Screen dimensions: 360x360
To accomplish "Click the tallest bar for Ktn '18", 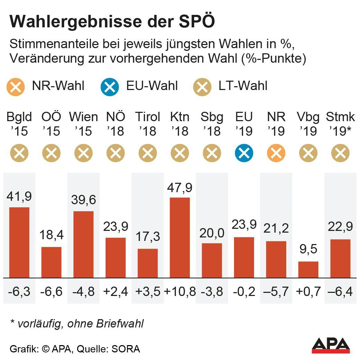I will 180,237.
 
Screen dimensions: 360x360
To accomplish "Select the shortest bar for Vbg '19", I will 308,269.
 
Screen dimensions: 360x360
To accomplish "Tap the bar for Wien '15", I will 83,244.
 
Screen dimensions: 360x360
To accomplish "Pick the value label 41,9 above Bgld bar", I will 19,196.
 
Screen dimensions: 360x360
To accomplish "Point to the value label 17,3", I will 148,237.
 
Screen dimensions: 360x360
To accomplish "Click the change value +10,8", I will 180,291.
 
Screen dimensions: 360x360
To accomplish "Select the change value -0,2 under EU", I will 244,291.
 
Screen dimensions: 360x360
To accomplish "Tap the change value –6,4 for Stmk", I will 340,291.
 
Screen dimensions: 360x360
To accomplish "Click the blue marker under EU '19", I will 244,153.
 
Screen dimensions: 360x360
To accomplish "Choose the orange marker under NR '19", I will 276,153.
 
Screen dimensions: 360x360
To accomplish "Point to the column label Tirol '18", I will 148,124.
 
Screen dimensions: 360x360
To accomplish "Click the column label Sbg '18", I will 212,124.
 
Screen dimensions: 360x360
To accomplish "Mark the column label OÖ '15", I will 51,124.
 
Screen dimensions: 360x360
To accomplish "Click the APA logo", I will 331,345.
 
